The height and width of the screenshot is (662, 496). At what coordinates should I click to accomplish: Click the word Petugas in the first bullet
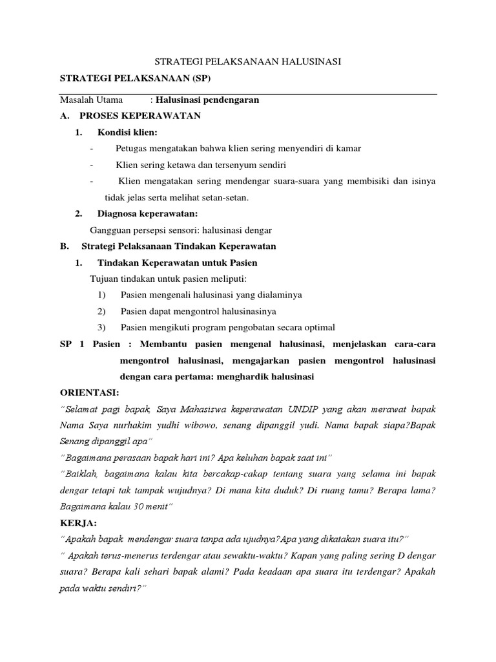tap(130, 149)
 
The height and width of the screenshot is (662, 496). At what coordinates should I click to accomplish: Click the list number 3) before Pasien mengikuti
tap(101, 327)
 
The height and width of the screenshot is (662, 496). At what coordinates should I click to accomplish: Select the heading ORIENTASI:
tap(90, 392)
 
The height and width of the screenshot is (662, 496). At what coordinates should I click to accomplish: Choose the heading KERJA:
tap(77, 522)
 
